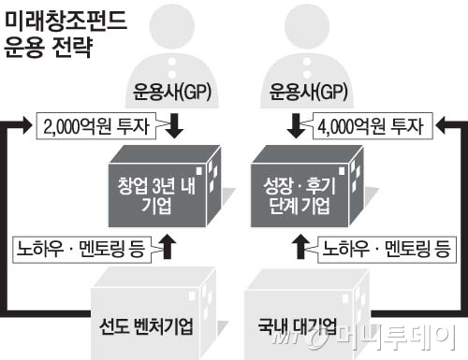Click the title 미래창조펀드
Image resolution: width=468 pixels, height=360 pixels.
point(66,21)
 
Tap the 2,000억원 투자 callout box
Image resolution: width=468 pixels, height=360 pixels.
point(96,126)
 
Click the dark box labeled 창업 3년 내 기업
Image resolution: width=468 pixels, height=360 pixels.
point(165,186)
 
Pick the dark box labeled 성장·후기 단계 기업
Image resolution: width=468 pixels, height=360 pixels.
point(307,186)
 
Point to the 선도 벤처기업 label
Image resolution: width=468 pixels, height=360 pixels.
point(146,326)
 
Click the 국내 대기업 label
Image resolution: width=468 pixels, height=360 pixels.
point(297,325)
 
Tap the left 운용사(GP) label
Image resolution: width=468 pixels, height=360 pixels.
point(172,92)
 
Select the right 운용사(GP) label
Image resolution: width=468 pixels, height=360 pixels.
point(308,92)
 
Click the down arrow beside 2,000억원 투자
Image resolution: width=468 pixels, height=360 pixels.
point(174,126)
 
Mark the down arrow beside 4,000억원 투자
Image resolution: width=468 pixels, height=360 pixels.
point(296,126)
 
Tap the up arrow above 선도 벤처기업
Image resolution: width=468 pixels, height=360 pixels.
point(168,247)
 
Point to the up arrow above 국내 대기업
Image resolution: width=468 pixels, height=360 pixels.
point(300,247)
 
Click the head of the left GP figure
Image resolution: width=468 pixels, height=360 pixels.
point(172,26)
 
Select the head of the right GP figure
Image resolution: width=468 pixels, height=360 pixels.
point(307,26)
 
